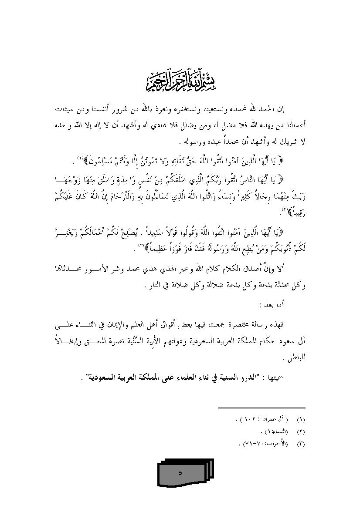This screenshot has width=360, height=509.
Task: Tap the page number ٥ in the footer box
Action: point(180,473)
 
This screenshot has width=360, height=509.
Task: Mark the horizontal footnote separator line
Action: point(262,408)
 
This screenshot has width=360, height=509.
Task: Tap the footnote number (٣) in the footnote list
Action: point(301,444)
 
